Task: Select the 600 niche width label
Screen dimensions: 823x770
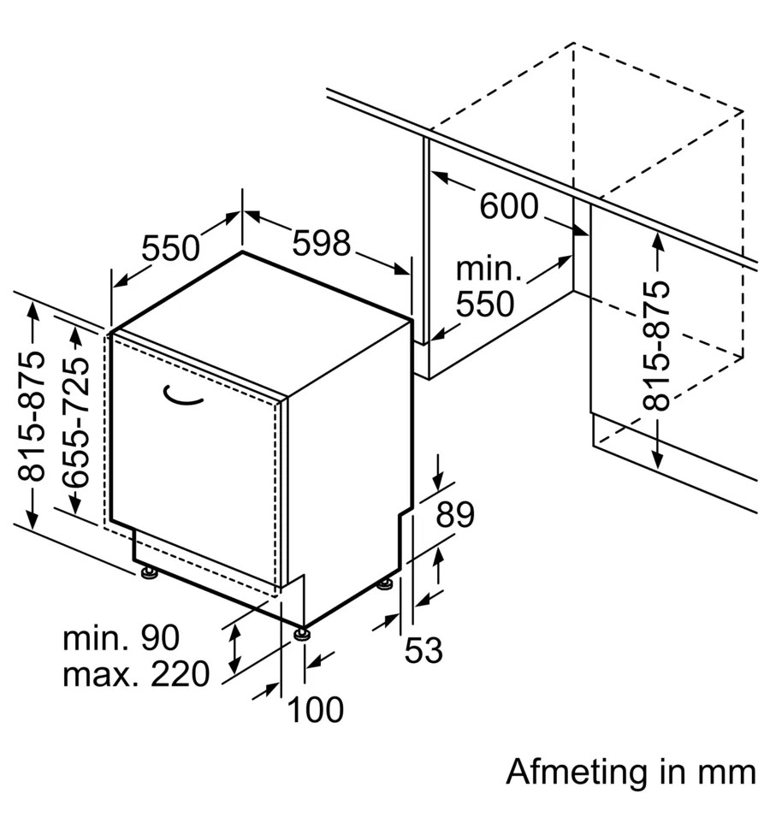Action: (x=508, y=206)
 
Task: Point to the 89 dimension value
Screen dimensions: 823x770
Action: (x=455, y=515)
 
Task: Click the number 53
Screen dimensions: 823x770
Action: (x=423, y=651)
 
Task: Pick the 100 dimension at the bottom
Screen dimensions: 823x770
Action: (x=314, y=709)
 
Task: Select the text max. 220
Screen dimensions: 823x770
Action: (x=136, y=675)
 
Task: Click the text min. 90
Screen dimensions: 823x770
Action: (x=121, y=637)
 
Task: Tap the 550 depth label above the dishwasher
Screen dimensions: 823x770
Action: (x=170, y=249)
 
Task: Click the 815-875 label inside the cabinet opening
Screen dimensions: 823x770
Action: (x=658, y=346)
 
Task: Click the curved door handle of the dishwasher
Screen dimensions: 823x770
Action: (x=183, y=394)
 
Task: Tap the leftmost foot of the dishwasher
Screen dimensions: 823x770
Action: (x=150, y=572)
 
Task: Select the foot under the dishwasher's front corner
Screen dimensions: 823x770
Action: (x=301, y=634)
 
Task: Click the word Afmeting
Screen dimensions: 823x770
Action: (x=576, y=772)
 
